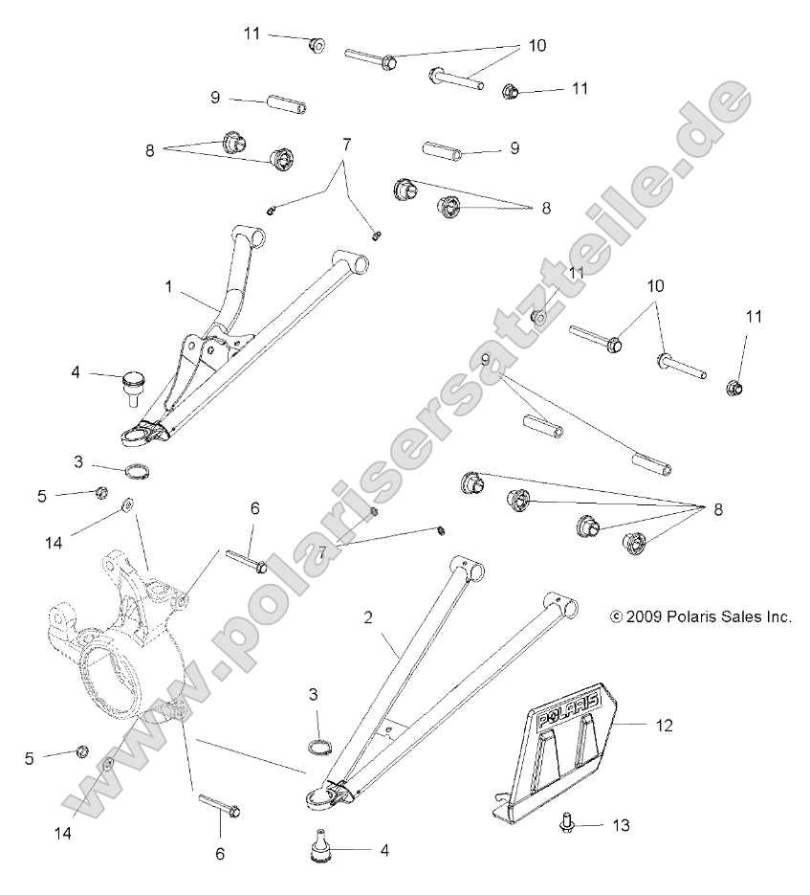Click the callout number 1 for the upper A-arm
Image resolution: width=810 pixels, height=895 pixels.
click(x=168, y=285)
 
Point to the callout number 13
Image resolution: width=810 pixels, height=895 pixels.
click(x=621, y=823)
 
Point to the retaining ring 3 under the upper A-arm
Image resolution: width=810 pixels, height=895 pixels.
click(x=137, y=471)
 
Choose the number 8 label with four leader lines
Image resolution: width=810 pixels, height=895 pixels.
click(x=716, y=509)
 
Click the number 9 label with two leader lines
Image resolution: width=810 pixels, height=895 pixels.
click(x=486, y=360)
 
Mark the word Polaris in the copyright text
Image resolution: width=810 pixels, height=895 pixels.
click(x=687, y=617)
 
